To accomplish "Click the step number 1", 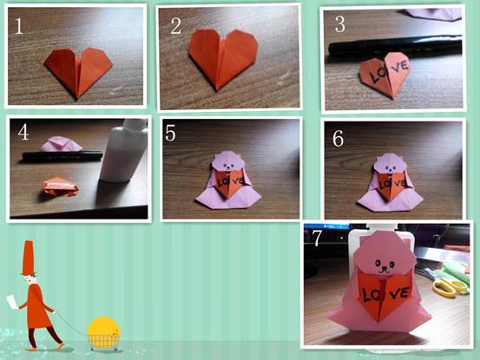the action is [19, 26].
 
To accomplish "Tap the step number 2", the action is [175, 26].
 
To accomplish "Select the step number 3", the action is [340, 24].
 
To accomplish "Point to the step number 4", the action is [23, 133].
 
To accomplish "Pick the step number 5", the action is [170, 133].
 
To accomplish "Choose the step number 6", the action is [339, 139].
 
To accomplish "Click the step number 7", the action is [317, 238].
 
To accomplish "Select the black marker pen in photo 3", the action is [395, 46].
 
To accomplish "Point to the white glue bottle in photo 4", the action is [123, 150].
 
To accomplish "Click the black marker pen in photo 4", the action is [62, 155].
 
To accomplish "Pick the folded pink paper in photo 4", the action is [62, 144].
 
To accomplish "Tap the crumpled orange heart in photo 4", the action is [61, 186].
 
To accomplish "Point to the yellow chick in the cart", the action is [103, 328].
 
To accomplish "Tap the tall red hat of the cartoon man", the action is [29, 258].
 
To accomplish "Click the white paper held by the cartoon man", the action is [13, 302].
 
